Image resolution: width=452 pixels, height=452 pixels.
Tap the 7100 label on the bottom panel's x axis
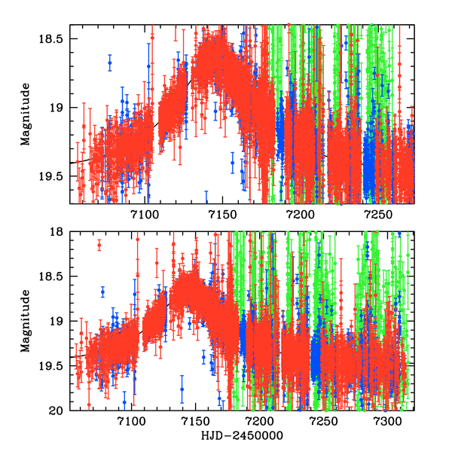point(131,423)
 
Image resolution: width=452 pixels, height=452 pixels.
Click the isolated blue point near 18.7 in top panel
point(109,64)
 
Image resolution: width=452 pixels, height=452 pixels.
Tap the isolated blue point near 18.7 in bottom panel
point(102,291)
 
